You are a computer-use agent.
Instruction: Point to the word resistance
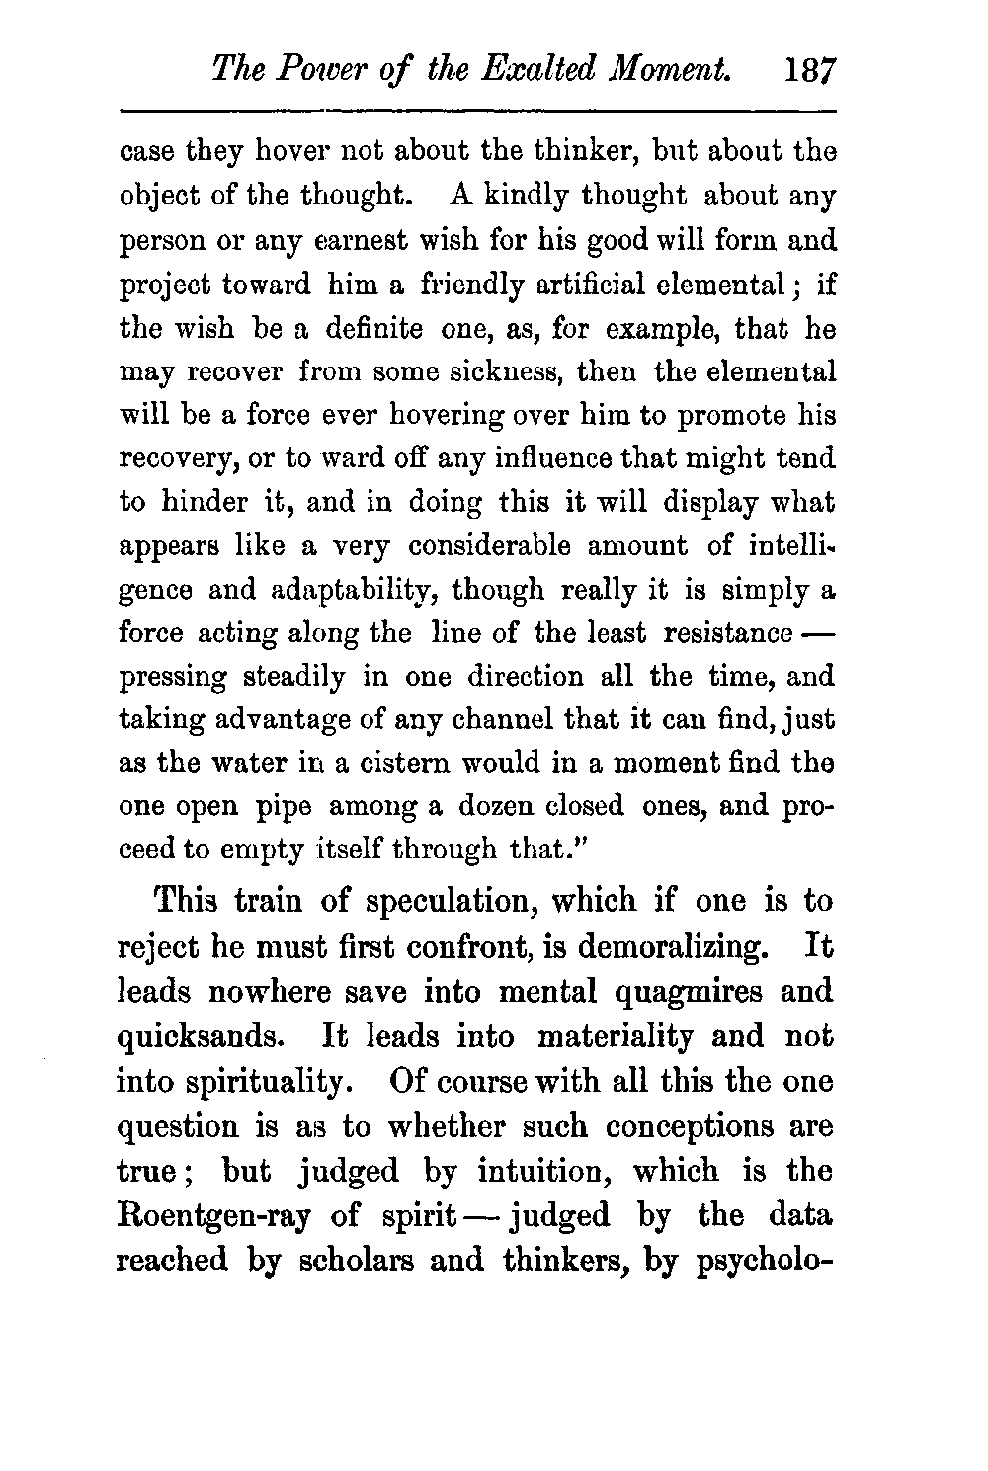(x=729, y=633)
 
